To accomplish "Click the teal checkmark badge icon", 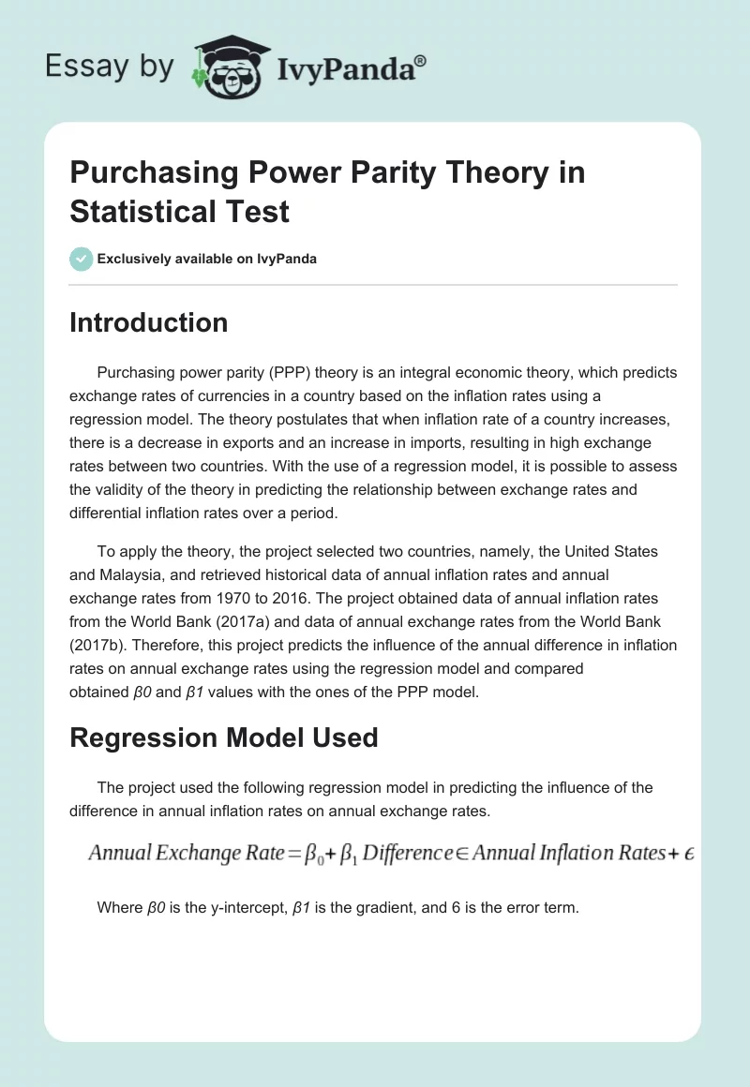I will coord(82,259).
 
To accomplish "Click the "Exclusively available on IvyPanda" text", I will coord(207,259).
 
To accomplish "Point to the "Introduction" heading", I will coord(148,322).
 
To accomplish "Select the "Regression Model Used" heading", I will coord(223,737).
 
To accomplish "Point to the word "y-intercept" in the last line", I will coord(233,907).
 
